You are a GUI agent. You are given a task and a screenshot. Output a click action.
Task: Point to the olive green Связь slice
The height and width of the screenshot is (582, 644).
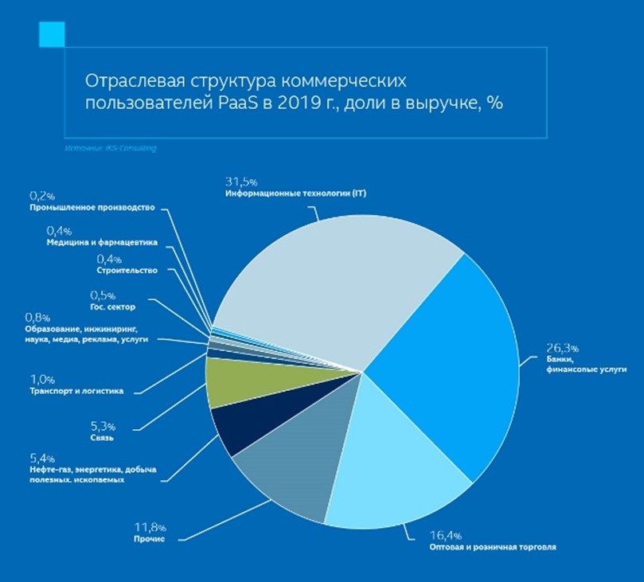(x=231, y=382)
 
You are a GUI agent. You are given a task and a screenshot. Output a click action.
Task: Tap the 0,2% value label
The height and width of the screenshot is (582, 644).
(x=42, y=195)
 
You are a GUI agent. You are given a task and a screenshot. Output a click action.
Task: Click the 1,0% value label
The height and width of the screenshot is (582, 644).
(x=41, y=379)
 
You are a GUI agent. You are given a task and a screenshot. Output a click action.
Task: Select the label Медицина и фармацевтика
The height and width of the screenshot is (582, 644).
(x=102, y=242)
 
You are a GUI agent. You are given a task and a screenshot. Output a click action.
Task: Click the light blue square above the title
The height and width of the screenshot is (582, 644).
(x=51, y=33)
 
